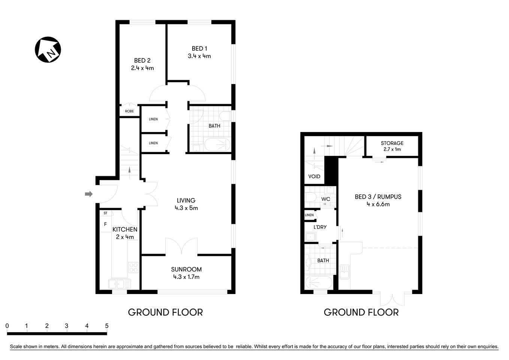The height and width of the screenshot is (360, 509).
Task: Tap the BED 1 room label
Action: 199,48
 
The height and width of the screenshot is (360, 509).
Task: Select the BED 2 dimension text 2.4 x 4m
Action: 142,68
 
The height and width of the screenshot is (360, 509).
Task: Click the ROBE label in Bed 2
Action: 129,111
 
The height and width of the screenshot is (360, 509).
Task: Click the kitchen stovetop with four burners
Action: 133,267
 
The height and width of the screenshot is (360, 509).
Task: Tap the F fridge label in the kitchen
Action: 105,224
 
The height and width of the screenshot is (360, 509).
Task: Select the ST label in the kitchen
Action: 105,213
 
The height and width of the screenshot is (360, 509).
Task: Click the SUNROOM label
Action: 186,269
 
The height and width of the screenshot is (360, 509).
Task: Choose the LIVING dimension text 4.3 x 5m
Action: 186,208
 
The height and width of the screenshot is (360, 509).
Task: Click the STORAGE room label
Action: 392,143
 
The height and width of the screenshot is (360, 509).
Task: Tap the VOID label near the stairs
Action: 314,176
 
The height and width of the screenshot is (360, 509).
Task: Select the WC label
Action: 326,199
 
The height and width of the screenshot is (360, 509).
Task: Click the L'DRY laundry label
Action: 320,227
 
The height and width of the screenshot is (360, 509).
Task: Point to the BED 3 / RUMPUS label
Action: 378,197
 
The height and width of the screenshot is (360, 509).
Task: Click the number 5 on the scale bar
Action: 107,326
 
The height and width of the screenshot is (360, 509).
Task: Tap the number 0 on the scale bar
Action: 7,326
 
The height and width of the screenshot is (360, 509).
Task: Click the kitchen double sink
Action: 118,283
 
